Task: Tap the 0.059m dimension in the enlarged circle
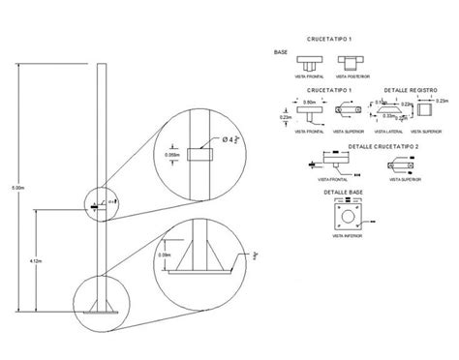pyautogui.click(x=173, y=153)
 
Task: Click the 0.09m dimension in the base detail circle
pyautogui.click(x=166, y=255)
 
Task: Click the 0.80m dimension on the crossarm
pyautogui.click(x=310, y=100)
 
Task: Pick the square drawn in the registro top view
pyautogui.click(x=422, y=110)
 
